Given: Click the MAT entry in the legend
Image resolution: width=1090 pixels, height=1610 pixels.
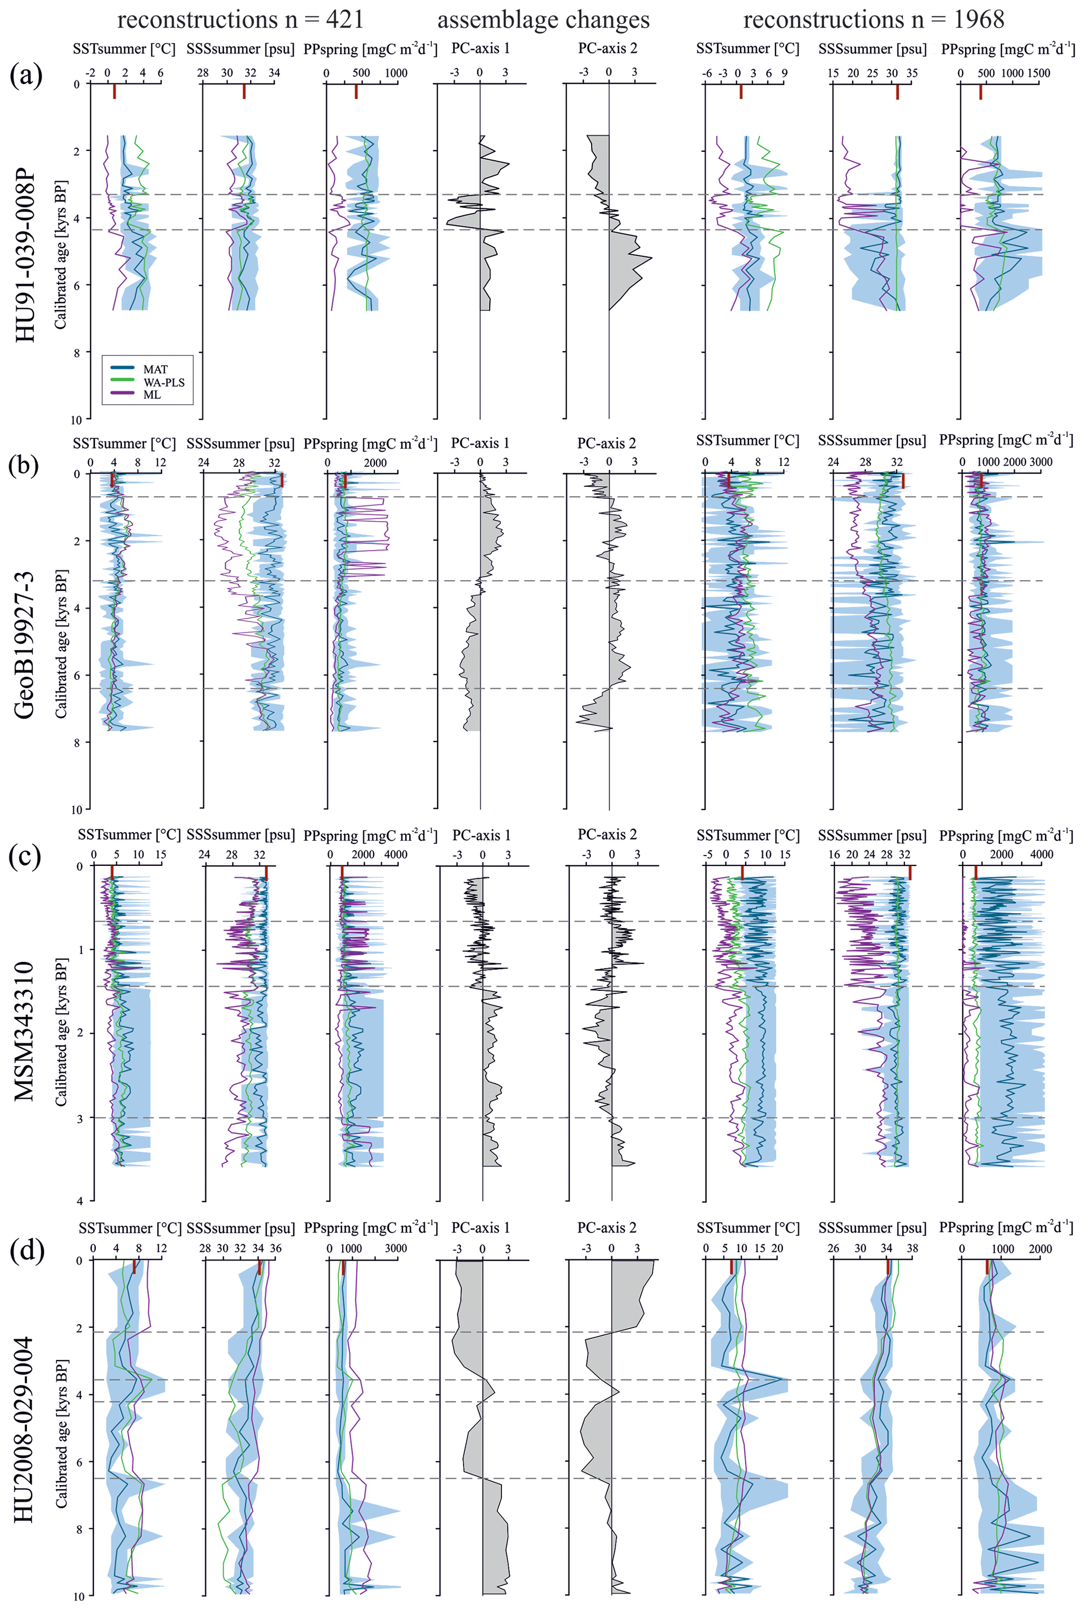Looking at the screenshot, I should click(155, 369).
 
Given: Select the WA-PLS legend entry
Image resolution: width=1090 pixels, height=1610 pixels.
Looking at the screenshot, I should click(163, 382).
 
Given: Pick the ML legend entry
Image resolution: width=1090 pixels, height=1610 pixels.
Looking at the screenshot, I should click(152, 394).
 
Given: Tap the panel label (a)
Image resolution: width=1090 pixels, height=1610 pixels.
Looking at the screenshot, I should click(26, 75).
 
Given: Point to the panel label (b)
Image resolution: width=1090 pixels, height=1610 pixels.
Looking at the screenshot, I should click(24, 465).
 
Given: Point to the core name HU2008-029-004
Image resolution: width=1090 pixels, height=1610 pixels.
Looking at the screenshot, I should click(25, 1429).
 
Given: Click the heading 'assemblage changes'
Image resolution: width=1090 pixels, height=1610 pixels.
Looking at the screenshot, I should click(543, 20).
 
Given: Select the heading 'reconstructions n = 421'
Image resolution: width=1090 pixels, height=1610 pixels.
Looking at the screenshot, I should click(240, 20).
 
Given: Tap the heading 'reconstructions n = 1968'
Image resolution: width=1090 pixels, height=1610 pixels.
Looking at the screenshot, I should click(873, 20).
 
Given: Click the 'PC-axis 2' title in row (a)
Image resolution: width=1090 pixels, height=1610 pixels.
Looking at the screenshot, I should click(607, 49).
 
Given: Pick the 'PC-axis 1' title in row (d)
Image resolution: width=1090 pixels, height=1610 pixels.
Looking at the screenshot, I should click(480, 1228).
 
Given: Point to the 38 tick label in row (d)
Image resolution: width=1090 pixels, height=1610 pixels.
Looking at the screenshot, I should click(913, 1248).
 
